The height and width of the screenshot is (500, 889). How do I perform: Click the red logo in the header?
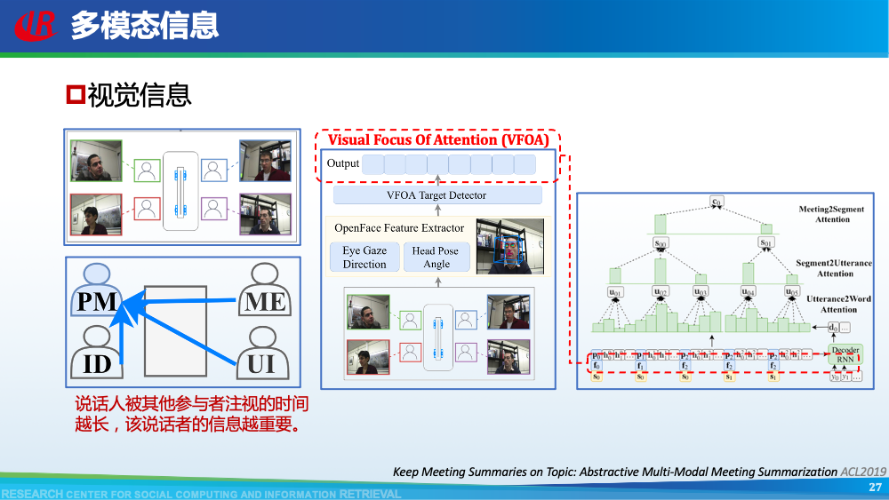tap(35, 26)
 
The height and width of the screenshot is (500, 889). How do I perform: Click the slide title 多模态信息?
tap(144, 26)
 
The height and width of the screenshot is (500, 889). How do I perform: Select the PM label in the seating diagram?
tap(97, 301)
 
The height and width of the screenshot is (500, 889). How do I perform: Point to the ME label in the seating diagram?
tap(265, 301)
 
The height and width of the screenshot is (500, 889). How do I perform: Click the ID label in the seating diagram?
tap(97, 363)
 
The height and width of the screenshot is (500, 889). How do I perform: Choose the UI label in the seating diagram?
tap(261, 363)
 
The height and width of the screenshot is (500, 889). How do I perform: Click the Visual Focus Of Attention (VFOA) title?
tap(438, 139)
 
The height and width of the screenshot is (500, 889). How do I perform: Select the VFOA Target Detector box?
tap(436, 195)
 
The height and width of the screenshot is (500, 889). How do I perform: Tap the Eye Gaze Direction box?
tap(364, 258)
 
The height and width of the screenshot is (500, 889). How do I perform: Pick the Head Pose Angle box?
tap(436, 258)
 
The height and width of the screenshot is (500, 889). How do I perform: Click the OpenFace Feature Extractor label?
tap(399, 228)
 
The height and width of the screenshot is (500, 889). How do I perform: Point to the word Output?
tap(343, 163)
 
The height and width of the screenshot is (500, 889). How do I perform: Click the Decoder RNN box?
tap(845, 355)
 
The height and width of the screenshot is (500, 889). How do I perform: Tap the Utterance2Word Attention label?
tap(831, 305)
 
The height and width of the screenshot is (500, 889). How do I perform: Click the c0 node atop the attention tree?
tap(716, 202)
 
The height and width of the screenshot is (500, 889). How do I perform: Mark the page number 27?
tap(875, 488)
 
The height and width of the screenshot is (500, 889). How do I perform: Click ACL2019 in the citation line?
tap(864, 472)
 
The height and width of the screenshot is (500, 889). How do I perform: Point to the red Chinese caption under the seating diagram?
tap(192, 415)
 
